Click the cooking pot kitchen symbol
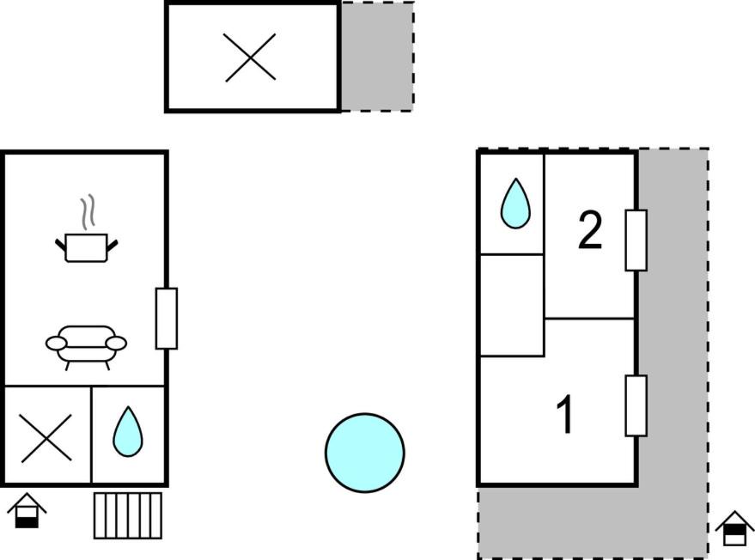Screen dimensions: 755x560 [86, 247]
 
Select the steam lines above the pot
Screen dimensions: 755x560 [88, 212]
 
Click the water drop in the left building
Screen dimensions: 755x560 [128, 431]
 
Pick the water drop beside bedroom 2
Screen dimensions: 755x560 [515, 204]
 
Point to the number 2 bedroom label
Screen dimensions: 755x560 [590, 231]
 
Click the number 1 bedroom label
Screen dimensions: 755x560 [565, 415]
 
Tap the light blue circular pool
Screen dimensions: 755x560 [364, 453]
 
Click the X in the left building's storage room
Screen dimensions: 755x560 [46, 438]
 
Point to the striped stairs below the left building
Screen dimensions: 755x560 [128, 515]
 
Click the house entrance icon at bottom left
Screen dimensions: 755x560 [27, 511]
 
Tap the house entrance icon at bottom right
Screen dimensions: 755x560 [734, 528]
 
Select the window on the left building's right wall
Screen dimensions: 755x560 [167, 319]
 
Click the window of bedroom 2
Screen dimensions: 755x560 [636, 240]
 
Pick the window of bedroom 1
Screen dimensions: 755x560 [636, 406]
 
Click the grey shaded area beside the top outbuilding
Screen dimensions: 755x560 [377, 57]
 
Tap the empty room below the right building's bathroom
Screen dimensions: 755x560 [512, 306]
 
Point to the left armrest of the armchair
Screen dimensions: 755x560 [57, 344]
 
